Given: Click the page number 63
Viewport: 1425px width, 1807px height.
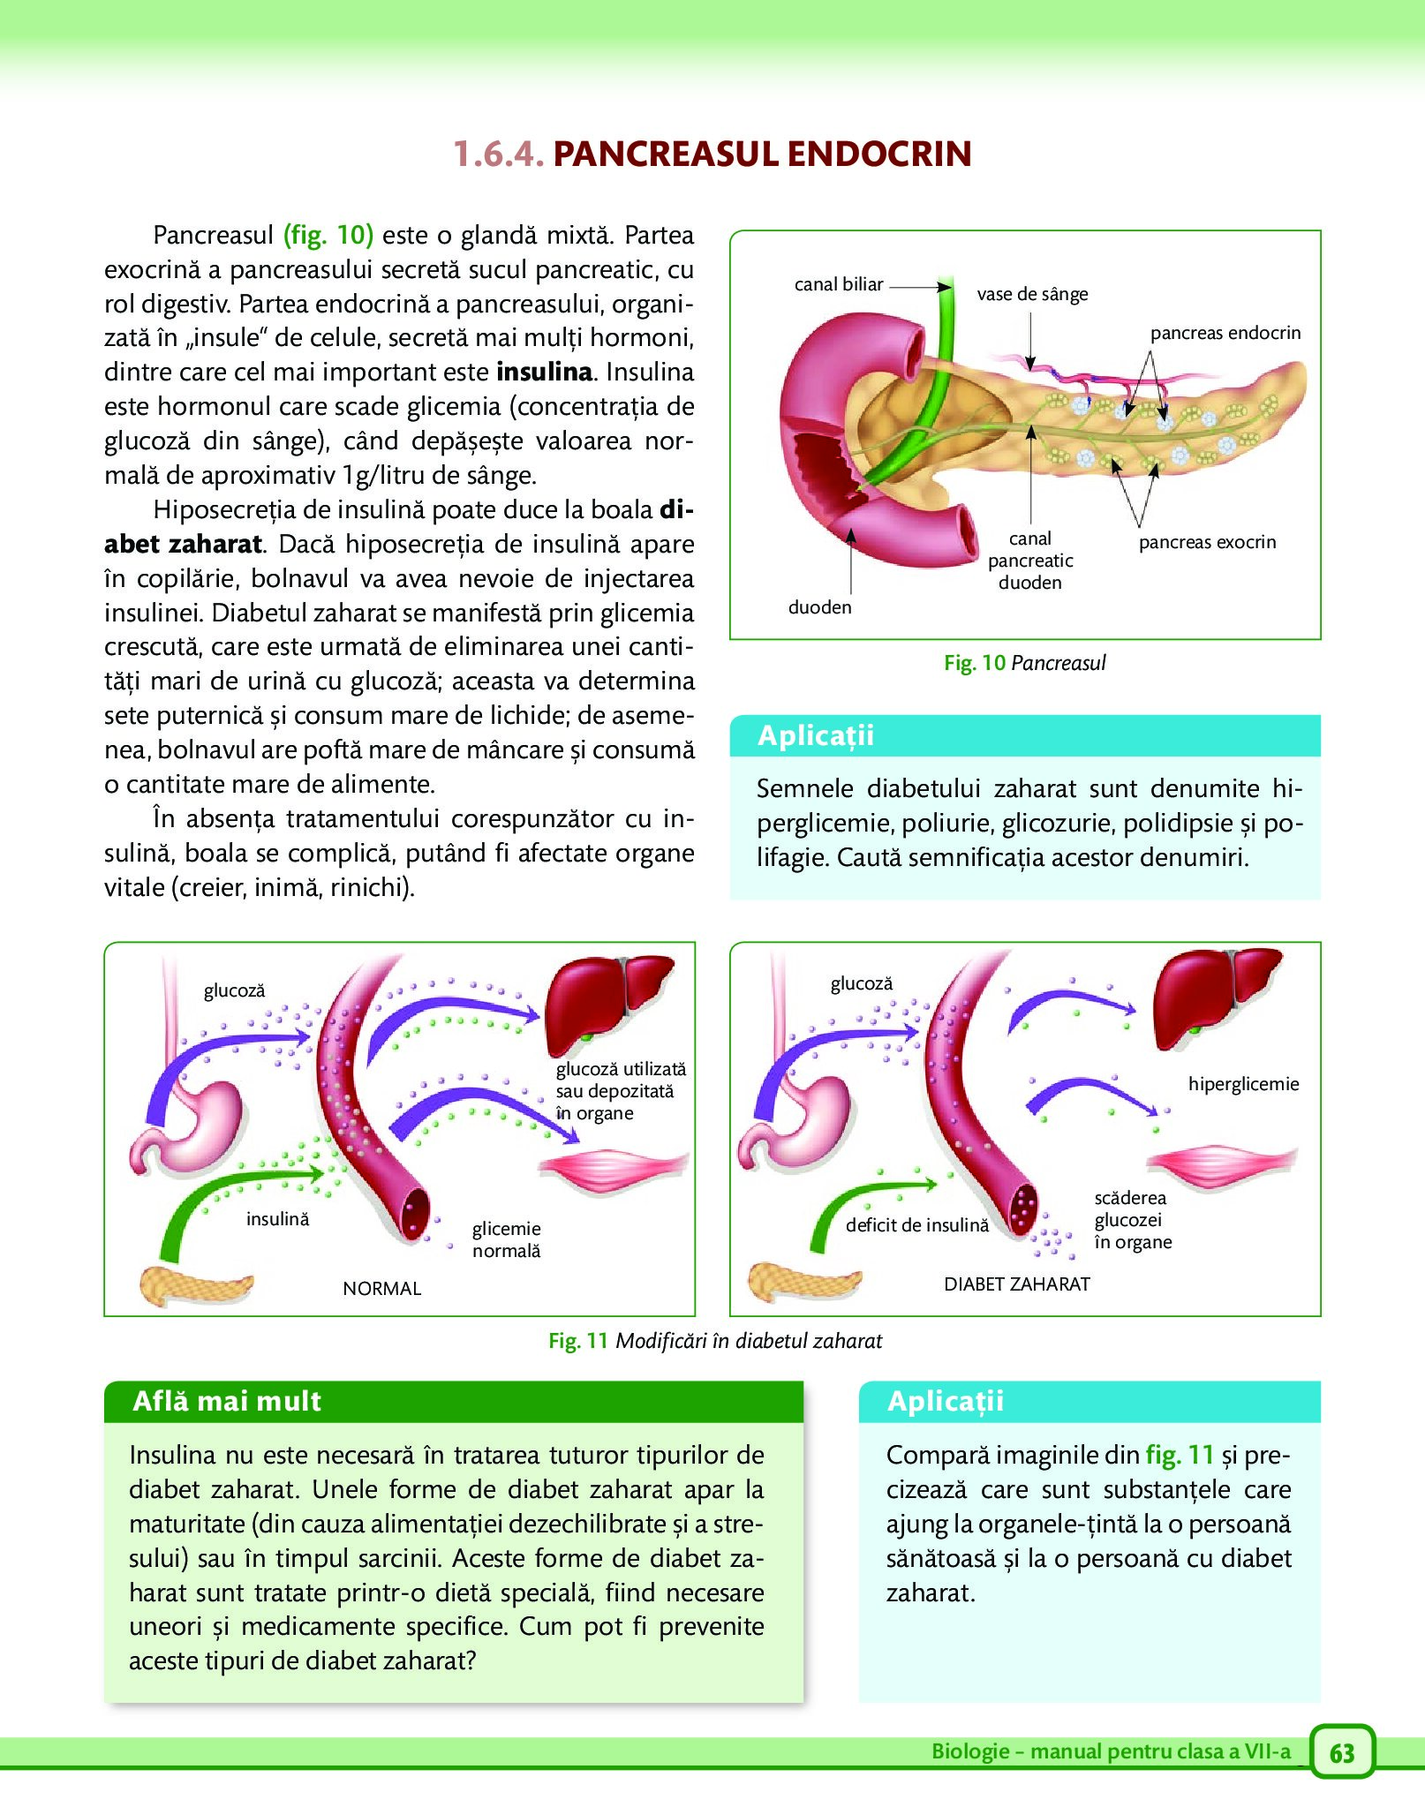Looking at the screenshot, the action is [1341, 1752].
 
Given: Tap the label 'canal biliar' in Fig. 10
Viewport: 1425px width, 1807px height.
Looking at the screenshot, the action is [839, 284].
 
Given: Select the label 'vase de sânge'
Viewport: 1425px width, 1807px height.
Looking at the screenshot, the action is [1032, 295].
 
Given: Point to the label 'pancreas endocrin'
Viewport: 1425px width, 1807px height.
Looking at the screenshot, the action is [1225, 333].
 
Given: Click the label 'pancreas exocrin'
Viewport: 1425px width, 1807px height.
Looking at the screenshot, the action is [1207, 542].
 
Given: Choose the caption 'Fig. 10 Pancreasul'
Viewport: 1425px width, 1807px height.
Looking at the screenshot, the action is [1024, 663].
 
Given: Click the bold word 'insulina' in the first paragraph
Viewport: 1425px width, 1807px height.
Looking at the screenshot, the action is [544, 372].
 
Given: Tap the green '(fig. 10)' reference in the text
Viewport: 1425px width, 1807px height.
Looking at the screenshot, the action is [328, 235].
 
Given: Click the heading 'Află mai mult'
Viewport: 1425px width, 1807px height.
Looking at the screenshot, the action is [227, 1401].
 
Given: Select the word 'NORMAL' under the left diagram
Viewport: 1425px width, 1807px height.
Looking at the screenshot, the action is [381, 1289].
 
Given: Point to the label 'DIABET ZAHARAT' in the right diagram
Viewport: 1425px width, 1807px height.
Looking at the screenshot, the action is [1017, 1284].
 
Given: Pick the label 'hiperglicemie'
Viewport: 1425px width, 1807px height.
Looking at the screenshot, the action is [1243, 1084].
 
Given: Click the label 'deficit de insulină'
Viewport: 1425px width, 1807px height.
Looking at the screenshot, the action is [917, 1225].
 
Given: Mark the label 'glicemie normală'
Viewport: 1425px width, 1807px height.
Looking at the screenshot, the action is [506, 1239].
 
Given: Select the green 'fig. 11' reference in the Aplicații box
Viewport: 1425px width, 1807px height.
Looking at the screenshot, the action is [1180, 1454].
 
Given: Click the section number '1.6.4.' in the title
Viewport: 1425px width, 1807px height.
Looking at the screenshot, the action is [498, 154].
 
